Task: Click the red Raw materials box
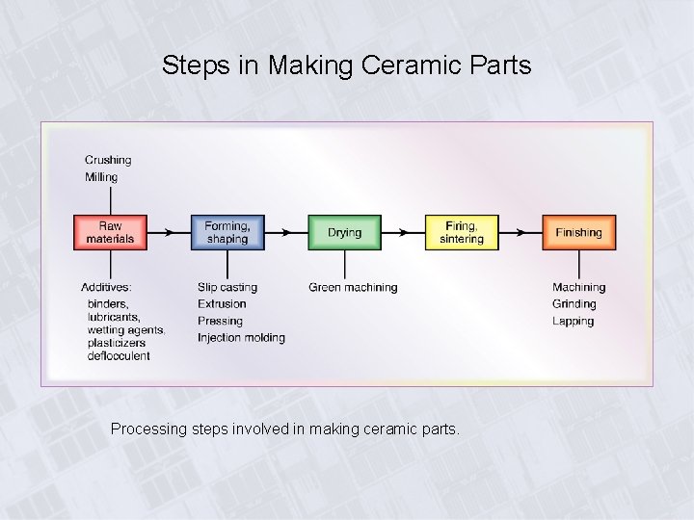[x=110, y=232]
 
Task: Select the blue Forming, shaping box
[x=227, y=232]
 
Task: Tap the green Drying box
[x=344, y=232]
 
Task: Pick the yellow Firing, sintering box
[x=462, y=232]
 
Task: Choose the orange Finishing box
[x=578, y=232]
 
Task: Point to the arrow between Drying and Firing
[x=403, y=232]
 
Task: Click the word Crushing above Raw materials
[x=108, y=160]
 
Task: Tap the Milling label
[x=101, y=177]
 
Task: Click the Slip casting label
[x=227, y=287]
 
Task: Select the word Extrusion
[x=222, y=304]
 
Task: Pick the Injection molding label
[x=241, y=338]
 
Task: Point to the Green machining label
[x=353, y=287]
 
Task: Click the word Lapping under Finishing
[x=573, y=322]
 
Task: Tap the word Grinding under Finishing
[x=574, y=304]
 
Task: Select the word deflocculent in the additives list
[x=119, y=356]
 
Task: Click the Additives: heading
[x=106, y=287]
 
